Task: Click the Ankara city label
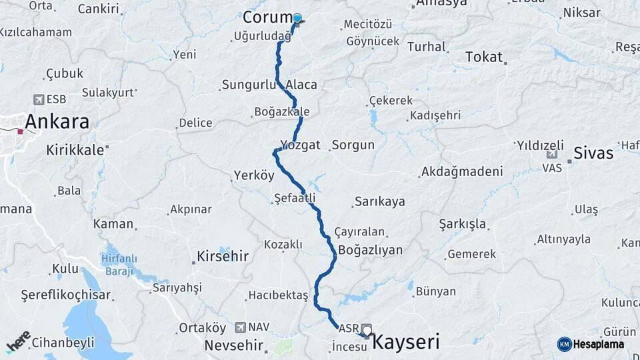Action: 57,123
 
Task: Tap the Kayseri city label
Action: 405,343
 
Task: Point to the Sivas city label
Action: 593,153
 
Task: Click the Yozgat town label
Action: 301,145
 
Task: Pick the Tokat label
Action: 484,57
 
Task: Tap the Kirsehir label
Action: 223,256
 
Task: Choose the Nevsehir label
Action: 231,345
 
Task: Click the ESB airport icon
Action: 39,99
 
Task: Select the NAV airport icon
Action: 241,327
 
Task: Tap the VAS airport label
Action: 552,168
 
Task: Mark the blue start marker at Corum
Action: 297,19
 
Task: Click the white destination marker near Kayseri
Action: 367,330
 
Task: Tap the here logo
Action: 18,341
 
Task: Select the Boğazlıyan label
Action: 371,250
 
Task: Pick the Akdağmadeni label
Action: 461,171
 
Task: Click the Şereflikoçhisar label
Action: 66,295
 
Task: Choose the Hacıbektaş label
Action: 278,295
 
